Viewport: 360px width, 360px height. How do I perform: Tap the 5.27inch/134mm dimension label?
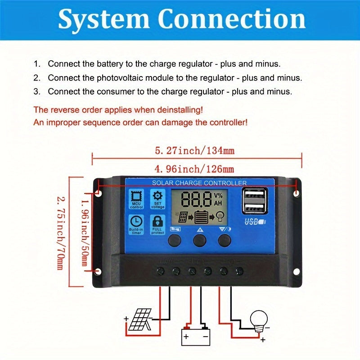pos(195,150)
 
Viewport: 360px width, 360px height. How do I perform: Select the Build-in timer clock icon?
pos(136,221)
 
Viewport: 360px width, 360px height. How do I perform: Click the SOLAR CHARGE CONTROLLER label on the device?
pos(199,183)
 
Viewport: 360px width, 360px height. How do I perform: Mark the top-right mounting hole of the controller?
pos(297,193)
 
